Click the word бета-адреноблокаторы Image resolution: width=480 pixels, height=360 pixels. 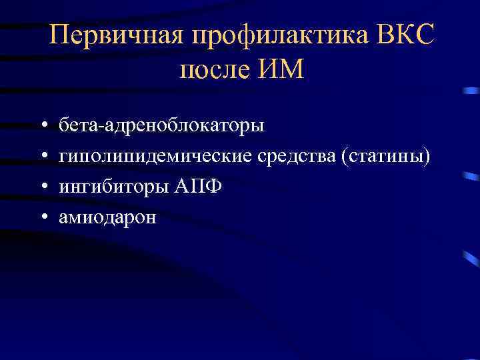161,125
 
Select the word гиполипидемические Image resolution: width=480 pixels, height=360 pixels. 151,156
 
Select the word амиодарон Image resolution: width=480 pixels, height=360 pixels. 107,217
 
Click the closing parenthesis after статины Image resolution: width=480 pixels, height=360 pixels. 427,156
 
